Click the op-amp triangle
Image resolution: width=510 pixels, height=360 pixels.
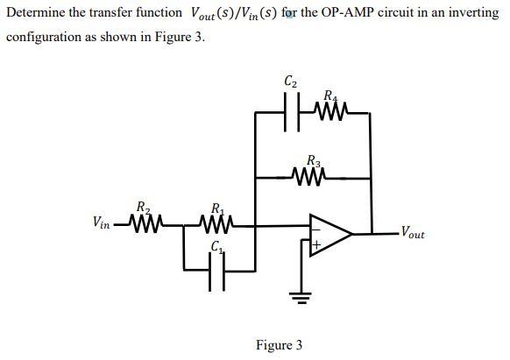(x=328, y=234)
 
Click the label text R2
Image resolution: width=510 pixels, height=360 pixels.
(x=143, y=208)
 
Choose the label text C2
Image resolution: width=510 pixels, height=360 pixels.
(x=291, y=82)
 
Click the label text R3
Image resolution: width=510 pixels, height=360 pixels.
(x=314, y=160)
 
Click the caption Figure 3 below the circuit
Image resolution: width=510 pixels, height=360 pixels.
(x=279, y=345)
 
